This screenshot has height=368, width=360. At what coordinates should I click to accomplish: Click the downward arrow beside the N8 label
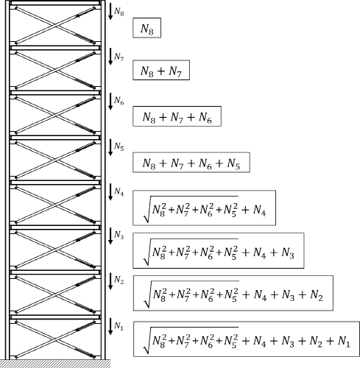(110, 11)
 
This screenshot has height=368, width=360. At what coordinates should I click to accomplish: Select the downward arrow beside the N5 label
(110, 147)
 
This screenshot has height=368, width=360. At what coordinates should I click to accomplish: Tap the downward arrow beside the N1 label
(110, 326)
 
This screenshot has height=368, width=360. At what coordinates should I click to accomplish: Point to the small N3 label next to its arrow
(119, 236)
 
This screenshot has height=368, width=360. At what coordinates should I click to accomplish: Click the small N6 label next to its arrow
(119, 101)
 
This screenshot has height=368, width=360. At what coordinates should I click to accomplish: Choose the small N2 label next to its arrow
(119, 280)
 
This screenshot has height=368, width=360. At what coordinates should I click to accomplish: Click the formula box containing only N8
(147, 28)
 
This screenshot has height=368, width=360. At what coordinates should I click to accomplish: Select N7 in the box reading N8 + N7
(174, 71)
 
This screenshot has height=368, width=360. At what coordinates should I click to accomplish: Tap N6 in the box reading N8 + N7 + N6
(205, 117)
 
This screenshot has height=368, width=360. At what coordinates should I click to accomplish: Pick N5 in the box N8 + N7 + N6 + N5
(233, 163)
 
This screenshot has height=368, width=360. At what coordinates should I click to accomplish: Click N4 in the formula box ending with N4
(259, 210)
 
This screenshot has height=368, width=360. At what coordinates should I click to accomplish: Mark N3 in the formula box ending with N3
(288, 253)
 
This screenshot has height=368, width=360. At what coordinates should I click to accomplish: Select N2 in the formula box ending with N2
(317, 295)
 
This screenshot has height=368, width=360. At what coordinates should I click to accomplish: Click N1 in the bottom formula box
(344, 342)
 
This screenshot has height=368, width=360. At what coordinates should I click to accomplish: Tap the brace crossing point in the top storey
(55, 26)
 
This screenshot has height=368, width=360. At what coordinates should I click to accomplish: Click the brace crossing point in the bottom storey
(55, 340)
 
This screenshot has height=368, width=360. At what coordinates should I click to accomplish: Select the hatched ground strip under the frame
(55, 364)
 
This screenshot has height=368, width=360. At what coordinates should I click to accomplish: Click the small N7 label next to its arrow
(119, 57)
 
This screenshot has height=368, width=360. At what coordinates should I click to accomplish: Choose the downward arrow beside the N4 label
(110, 192)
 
